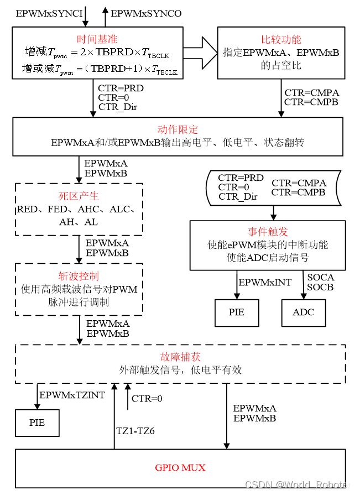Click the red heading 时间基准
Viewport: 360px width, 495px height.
click(97, 39)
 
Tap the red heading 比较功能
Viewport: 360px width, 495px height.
click(281, 39)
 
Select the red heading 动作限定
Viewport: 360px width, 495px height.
click(178, 129)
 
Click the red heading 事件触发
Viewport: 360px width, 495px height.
click(268, 232)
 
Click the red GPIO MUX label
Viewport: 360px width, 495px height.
click(180, 468)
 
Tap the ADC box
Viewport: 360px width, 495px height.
click(303, 312)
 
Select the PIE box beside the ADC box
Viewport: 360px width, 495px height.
click(237, 312)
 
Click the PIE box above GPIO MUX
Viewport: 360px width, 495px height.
click(37, 423)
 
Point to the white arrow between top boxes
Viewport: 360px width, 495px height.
click(199, 53)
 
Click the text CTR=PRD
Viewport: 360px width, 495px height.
click(241, 178)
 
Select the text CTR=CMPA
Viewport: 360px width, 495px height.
click(299, 183)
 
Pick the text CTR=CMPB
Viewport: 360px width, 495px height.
click(299, 192)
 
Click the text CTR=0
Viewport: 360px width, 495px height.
click(234, 187)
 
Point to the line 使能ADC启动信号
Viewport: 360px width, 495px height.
click(268, 258)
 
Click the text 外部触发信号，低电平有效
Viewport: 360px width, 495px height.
click(180, 370)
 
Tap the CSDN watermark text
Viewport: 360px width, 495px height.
click(298, 484)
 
